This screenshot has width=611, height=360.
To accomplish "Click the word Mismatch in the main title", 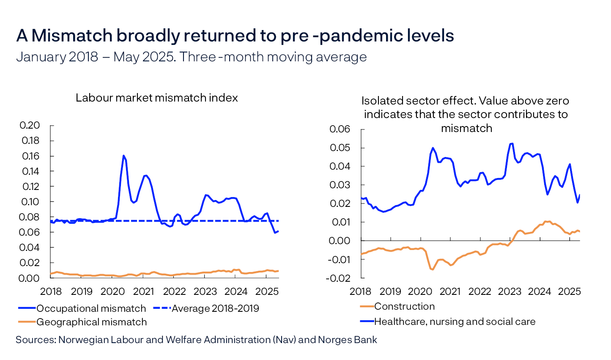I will [x=72, y=36].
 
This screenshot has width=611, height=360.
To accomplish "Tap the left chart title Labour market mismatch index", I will [x=156, y=98].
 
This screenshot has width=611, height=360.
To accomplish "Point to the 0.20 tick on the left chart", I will [x=30, y=125].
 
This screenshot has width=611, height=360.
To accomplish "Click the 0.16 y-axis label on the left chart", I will [x=30, y=156].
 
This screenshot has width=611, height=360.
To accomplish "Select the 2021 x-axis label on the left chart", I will [x=143, y=291].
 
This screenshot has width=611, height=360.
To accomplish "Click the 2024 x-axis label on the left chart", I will [x=236, y=291].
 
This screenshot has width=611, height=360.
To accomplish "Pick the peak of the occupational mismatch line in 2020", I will [x=123, y=156].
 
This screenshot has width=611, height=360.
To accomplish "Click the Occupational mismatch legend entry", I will [x=91, y=308].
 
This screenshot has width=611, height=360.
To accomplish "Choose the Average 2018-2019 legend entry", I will [x=215, y=308].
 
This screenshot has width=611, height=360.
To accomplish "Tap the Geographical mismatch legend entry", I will [x=91, y=322].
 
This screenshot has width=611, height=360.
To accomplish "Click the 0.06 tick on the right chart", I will [x=340, y=129].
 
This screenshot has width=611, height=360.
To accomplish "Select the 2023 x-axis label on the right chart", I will [x=510, y=291].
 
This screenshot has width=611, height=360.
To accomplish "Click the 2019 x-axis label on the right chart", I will [x=390, y=291].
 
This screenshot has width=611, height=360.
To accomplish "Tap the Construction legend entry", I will [x=404, y=306].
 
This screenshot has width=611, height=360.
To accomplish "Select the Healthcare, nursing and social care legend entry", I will [x=455, y=322].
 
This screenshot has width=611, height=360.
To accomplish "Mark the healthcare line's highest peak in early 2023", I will [x=512, y=143].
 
